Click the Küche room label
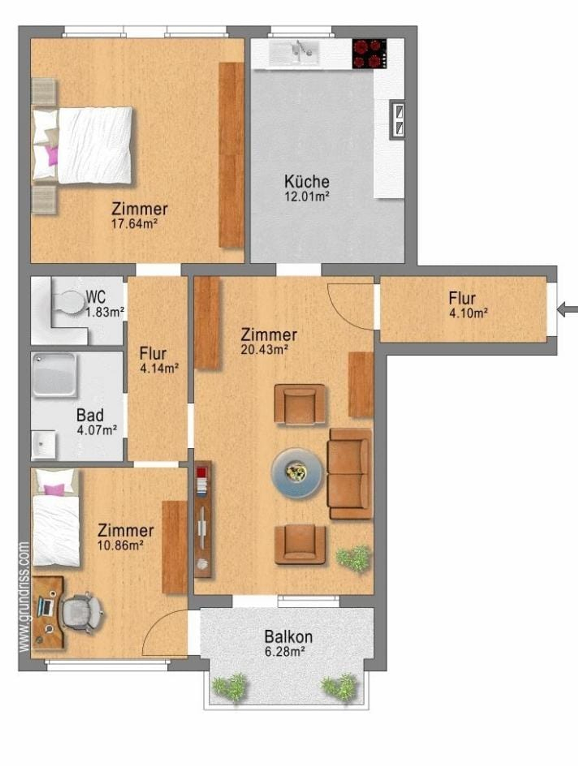tap(307, 182)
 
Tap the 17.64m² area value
tap(133, 224)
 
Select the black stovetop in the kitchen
tap(369, 54)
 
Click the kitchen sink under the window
tap(294, 53)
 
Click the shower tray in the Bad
tap(54, 375)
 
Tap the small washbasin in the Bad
tap(44, 445)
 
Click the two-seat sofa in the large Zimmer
tap(350, 474)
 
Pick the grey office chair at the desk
tap(82, 612)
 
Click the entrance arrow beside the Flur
tap(567, 310)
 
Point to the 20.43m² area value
tap(265, 349)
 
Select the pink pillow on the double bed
tap(52, 156)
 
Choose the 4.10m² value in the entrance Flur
tap(468, 313)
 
